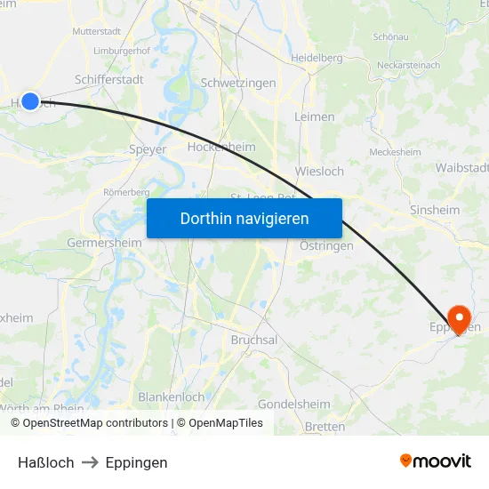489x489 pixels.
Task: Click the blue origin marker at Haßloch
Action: click(x=30, y=101)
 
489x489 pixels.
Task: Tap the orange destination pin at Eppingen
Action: click(x=460, y=318)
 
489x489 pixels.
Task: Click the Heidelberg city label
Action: click(x=317, y=58)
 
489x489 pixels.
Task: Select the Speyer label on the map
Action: click(x=148, y=149)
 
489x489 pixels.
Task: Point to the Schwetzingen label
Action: click(x=238, y=83)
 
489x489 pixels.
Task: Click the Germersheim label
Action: click(x=104, y=243)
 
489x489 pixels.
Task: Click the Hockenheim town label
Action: click(x=221, y=148)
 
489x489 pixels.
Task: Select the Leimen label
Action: click(x=314, y=116)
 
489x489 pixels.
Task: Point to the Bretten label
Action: click(x=325, y=427)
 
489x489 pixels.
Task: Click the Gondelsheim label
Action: click(x=294, y=404)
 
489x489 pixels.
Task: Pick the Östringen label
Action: click(x=326, y=245)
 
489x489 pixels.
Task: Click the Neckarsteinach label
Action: click(x=410, y=66)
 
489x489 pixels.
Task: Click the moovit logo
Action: click(x=436, y=461)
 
